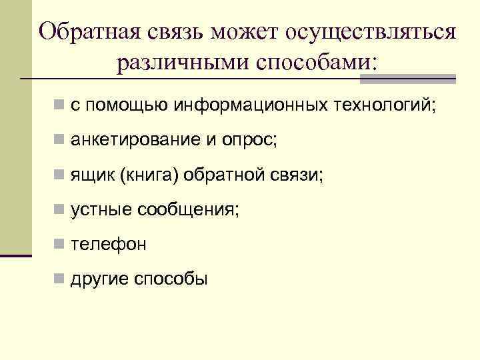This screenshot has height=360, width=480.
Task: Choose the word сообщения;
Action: pos(188,209)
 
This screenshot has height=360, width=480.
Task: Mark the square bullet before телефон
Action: pos(60,245)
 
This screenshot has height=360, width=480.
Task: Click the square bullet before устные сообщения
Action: pos(60,210)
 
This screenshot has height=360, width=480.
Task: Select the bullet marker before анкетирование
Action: pos(60,141)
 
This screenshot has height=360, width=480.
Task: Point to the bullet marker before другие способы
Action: pos(60,279)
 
